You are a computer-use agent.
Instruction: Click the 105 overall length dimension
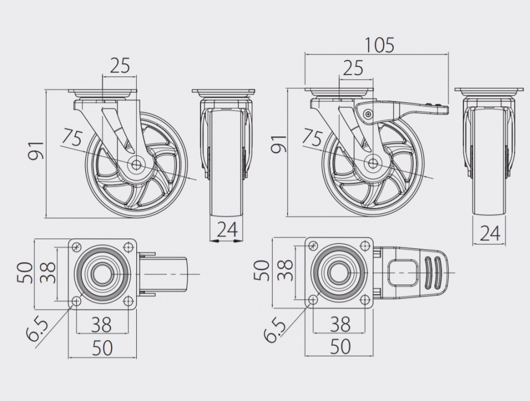click(x=379, y=45)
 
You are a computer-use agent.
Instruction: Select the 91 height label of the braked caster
click(x=279, y=144)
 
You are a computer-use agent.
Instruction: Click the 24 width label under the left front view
click(x=227, y=229)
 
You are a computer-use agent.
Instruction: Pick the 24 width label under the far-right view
click(x=490, y=233)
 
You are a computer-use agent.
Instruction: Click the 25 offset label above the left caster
click(x=120, y=65)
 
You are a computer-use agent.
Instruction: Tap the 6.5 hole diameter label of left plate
click(x=37, y=329)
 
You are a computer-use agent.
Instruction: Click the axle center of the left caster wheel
click(x=137, y=165)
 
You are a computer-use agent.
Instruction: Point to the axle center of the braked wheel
click(x=373, y=163)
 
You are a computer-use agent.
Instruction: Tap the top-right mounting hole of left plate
click(x=128, y=246)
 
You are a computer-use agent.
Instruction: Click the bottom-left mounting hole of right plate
click(x=313, y=300)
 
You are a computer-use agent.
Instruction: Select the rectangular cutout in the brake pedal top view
click(x=402, y=273)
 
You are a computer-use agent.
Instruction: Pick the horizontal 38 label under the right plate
click(x=340, y=324)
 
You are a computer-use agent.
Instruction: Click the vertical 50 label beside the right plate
click(x=262, y=271)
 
